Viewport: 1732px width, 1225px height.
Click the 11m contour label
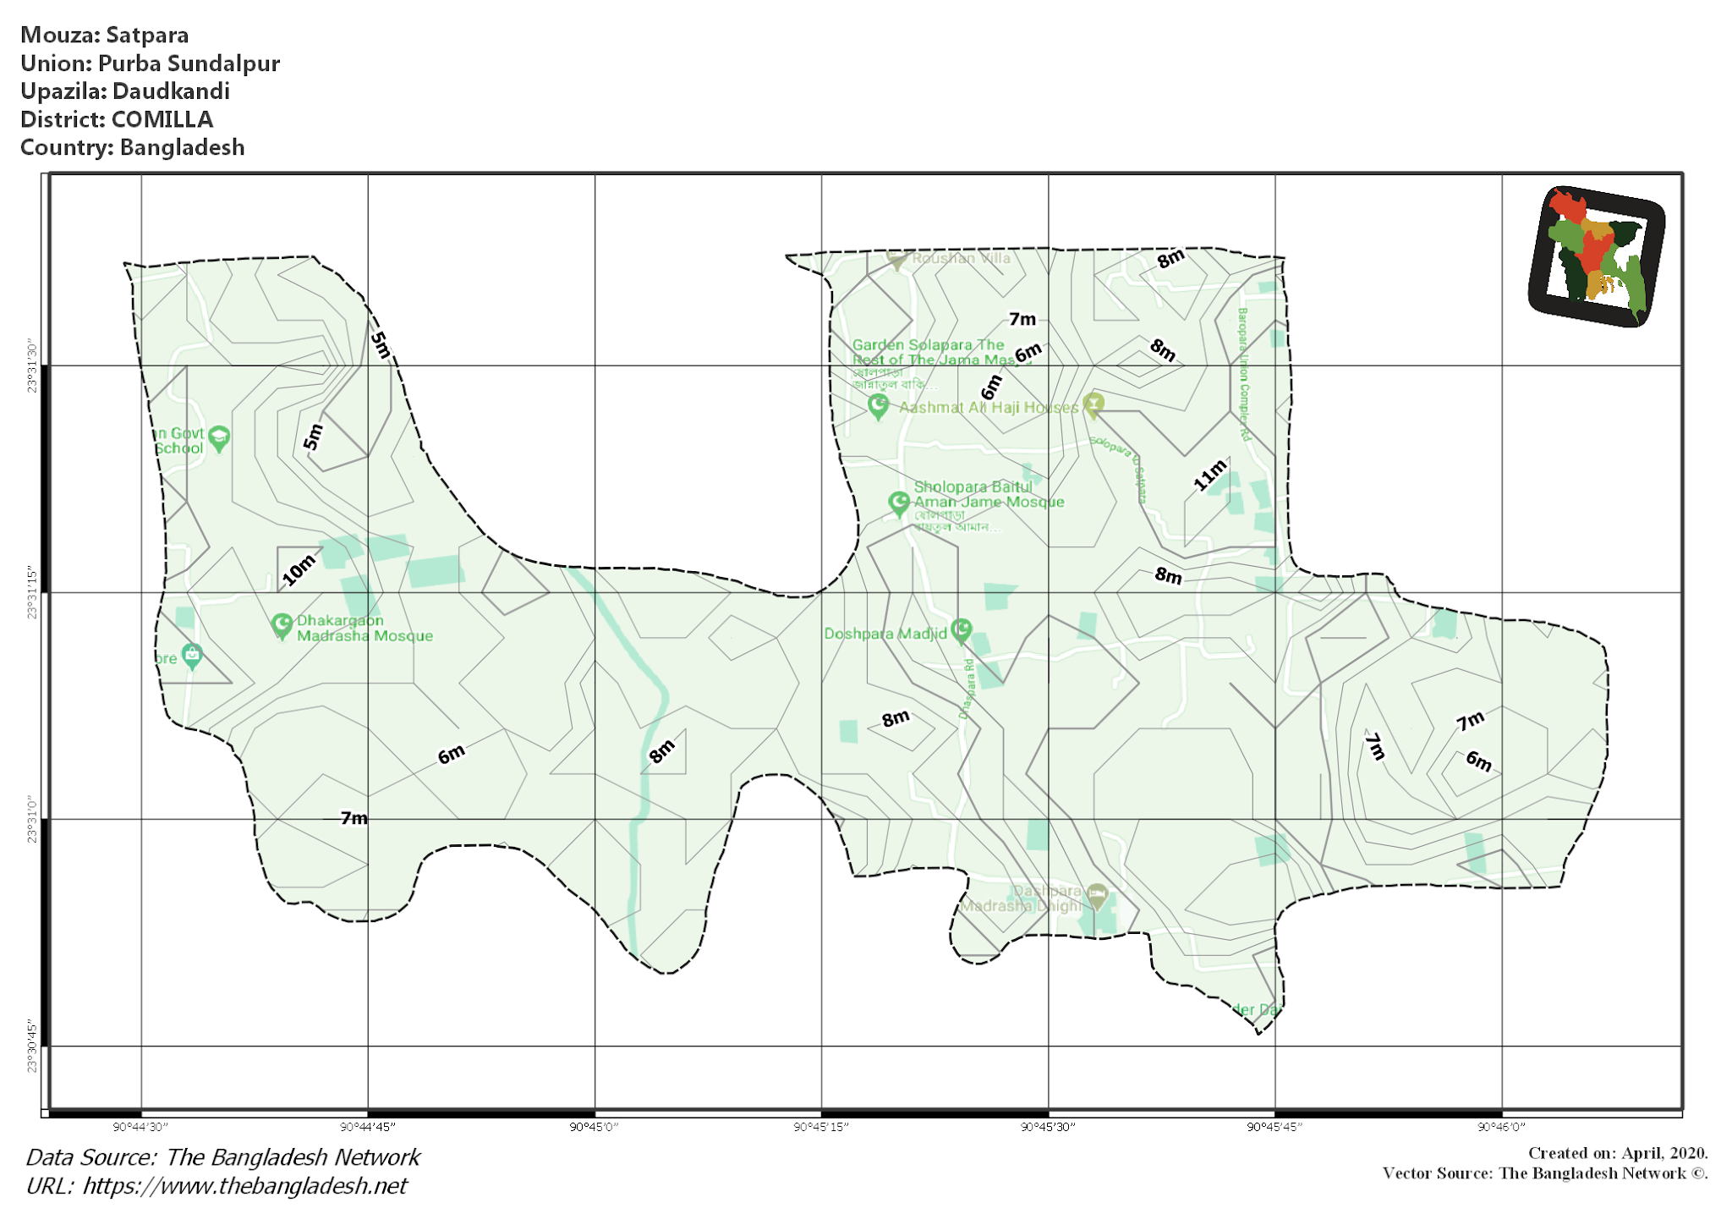coord(1209,475)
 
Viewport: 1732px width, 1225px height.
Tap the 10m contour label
coord(299,570)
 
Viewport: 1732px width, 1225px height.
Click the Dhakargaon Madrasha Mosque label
coord(364,628)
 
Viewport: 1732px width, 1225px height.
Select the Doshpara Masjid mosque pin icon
coord(961,629)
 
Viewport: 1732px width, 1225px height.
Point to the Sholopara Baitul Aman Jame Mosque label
coord(989,494)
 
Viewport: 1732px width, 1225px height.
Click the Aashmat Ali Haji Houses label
coord(989,407)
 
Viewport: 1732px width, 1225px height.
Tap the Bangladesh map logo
coord(1596,255)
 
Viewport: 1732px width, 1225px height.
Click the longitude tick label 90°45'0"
coord(595,1127)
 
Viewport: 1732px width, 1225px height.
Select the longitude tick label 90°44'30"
coord(140,1127)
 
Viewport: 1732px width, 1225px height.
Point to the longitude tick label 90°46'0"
coord(1502,1127)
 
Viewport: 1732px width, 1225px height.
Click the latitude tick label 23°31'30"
coord(32,366)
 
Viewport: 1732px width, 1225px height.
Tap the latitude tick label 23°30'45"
coord(32,1046)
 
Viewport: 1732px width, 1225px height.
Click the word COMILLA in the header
coord(162,119)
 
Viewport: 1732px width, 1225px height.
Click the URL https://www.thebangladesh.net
coord(244,1186)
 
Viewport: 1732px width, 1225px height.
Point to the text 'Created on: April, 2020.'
coord(1617,1153)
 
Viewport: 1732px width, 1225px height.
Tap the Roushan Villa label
coord(961,258)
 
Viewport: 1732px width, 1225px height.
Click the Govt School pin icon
coord(219,437)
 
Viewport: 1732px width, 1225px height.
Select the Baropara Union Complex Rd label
coord(1244,374)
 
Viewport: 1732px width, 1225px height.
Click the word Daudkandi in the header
coord(171,91)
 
